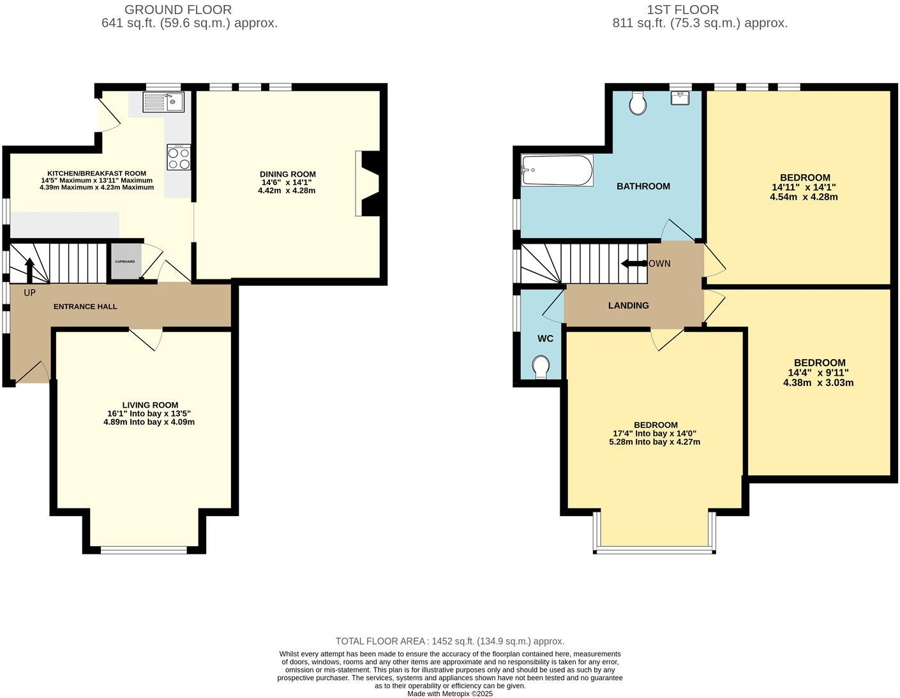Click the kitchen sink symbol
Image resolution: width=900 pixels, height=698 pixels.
coord(163,102)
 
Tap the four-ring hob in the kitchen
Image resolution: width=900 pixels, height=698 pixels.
coord(179,157)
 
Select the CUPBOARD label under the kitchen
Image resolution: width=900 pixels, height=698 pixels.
coord(124,262)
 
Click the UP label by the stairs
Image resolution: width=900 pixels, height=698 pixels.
coord(29,293)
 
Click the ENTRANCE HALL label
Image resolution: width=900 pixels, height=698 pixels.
coord(85,307)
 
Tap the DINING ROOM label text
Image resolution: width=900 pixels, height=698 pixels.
coord(287,174)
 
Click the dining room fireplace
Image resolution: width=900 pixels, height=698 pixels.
coord(368,184)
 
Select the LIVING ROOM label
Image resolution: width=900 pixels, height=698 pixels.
coord(150,405)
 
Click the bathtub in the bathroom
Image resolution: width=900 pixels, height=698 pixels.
coord(557,170)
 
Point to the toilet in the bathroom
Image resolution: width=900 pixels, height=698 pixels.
coord(637,103)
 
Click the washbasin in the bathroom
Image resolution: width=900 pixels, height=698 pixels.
coord(680,98)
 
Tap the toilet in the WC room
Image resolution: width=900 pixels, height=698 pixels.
coord(541,367)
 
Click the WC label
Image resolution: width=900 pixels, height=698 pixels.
coord(545,339)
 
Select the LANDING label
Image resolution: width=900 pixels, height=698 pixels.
coord(628,306)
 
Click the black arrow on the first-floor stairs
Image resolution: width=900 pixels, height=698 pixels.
coord(633,264)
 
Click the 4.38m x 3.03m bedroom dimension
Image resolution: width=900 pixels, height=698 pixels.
coord(818,383)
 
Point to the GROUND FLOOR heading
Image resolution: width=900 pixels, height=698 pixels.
coord(178,10)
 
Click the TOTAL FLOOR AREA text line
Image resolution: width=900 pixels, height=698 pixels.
coord(450,641)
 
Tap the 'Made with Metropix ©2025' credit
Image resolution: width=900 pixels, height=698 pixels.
coord(450,694)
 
